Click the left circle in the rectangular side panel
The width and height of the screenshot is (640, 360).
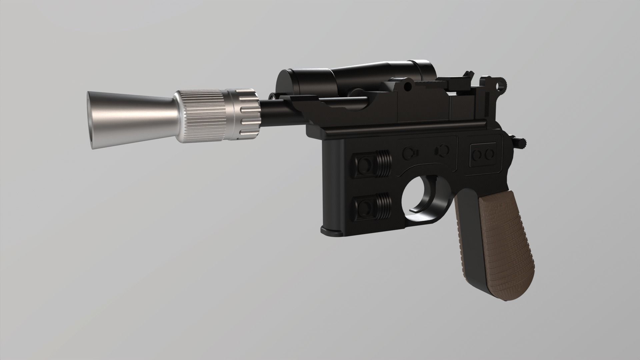pos(479,154)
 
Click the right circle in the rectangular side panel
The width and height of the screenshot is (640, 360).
pos(489,154)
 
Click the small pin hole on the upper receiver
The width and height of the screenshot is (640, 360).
pos(407,86)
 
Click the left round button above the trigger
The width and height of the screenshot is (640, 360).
pos(409,152)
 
